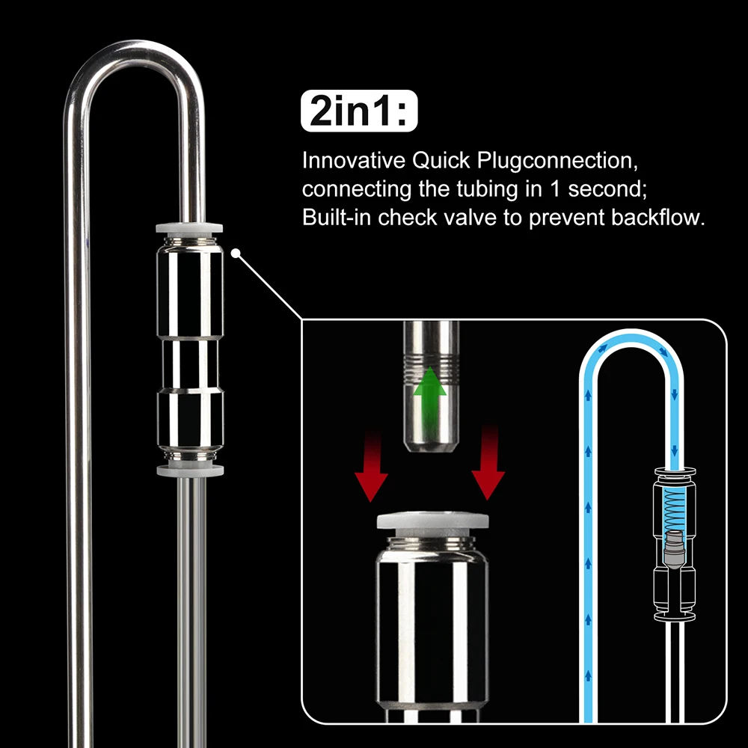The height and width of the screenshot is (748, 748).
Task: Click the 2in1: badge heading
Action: [357, 114]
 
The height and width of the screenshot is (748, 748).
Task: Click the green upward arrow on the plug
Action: [432, 387]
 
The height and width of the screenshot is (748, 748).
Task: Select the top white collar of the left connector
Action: [189, 230]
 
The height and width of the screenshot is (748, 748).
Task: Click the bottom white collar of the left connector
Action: [189, 470]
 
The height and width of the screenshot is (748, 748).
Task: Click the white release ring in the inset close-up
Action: [433, 521]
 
